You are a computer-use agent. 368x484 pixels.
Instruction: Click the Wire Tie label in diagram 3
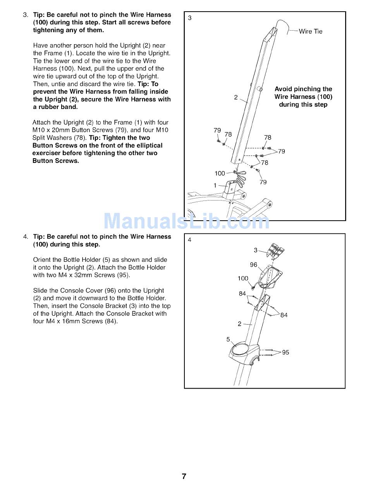point(310,31)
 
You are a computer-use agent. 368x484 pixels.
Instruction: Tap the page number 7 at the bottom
point(184,476)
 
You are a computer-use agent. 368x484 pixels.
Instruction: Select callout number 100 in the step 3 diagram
point(220,173)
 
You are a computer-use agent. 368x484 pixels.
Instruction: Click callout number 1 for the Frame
point(215,185)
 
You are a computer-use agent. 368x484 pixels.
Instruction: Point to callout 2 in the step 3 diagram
point(236,97)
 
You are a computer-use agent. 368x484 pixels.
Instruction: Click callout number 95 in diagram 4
point(285,353)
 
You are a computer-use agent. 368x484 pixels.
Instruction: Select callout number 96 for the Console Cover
point(253,265)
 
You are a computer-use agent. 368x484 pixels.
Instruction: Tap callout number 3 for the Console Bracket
point(256,250)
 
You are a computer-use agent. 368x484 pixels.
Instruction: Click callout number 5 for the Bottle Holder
point(228,339)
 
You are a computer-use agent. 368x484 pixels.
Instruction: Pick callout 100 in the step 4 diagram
point(243,278)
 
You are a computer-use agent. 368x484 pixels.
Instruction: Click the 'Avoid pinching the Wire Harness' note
point(303,97)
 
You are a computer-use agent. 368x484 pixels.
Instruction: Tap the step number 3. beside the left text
point(26,15)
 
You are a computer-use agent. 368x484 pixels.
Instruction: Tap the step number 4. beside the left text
point(26,237)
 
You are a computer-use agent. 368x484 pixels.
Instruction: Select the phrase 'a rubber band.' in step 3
point(55,107)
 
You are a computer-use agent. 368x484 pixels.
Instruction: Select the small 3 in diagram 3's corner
point(190,18)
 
